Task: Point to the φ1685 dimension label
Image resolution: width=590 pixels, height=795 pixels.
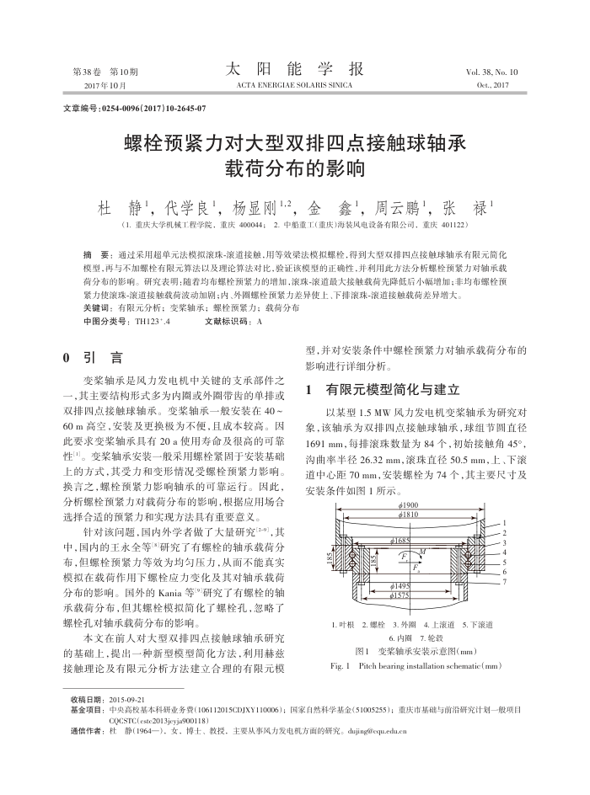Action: tap(400, 542)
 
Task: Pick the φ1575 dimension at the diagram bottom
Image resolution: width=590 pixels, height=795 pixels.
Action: tap(400, 595)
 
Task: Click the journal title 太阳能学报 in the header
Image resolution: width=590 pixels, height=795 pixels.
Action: tap(295, 69)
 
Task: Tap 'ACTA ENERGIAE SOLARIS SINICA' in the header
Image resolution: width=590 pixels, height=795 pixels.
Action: tap(294, 86)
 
